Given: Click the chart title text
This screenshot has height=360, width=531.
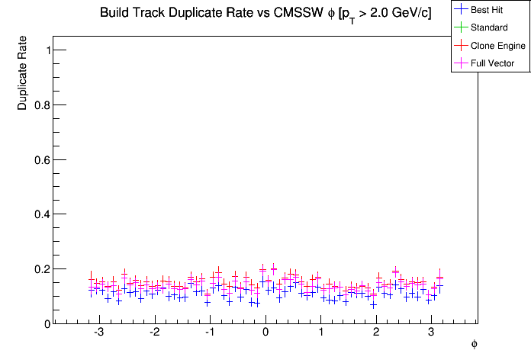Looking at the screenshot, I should click(x=265, y=14).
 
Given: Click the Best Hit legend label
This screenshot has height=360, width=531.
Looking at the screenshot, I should click(x=487, y=10).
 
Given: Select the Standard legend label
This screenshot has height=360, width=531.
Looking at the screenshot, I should click(x=489, y=27).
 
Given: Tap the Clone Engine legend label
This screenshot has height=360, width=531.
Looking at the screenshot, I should click(x=498, y=46).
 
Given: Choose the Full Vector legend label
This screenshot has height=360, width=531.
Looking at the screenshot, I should click(x=493, y=63).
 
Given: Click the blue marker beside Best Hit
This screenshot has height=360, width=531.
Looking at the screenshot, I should click(x=461, y=10).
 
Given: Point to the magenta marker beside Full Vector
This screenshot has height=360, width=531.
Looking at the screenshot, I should click(x=461, y=63).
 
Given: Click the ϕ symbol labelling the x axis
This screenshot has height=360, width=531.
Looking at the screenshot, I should click(x=474, y=344).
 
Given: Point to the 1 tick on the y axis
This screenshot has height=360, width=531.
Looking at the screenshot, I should click(x=48, y=50).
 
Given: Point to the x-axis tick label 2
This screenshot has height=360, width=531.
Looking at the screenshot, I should click(x=376, y=333).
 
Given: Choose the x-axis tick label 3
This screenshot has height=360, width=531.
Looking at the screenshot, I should click(x=432, y=333).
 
